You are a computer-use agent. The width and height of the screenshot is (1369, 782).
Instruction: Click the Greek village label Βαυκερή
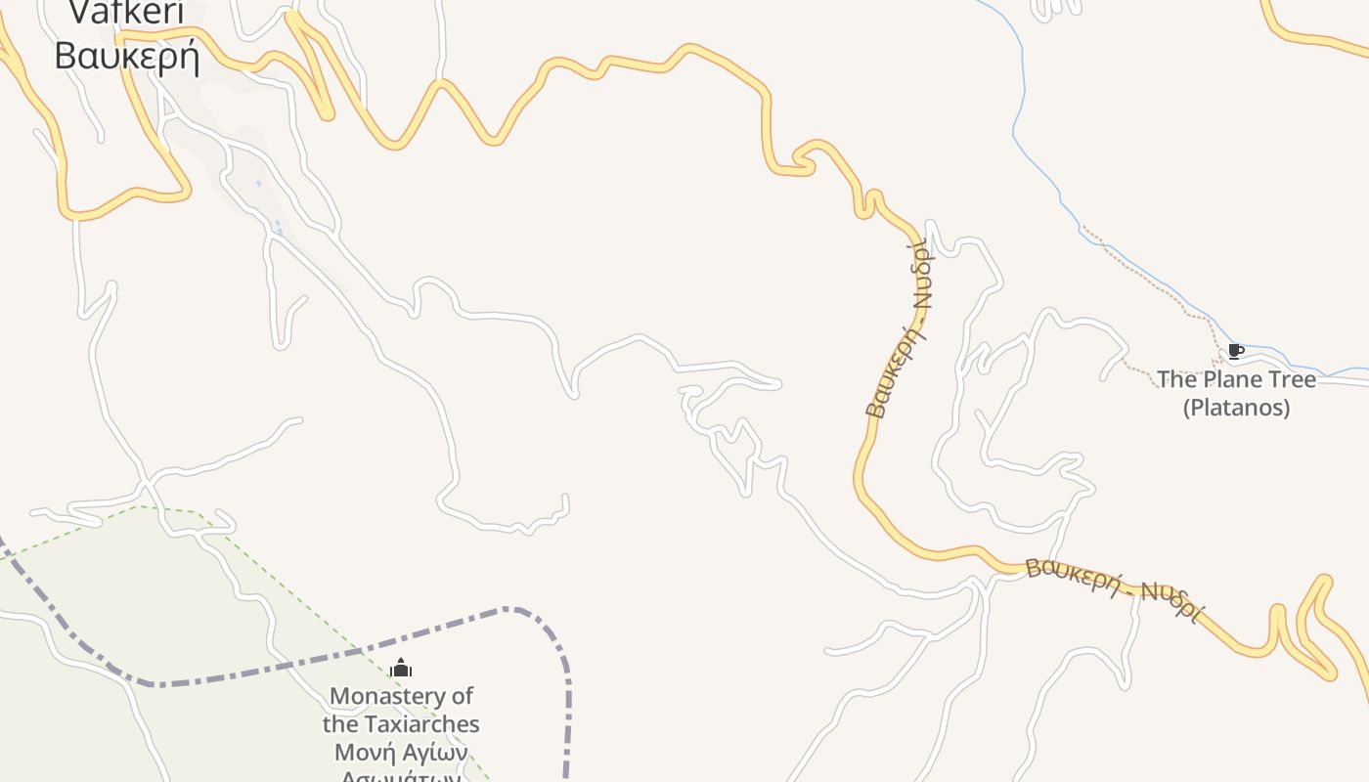127,55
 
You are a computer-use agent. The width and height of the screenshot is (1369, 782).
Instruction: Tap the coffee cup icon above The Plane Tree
1235,351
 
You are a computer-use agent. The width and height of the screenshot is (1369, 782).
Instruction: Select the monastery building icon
401,669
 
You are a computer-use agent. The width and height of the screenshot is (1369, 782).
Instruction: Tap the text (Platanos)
1236,407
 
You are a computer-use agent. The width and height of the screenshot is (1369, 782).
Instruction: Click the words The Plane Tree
1236,379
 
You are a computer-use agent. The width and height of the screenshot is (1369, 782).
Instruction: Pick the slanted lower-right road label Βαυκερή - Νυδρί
1113,588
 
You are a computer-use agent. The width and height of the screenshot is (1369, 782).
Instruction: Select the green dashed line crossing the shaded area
293,586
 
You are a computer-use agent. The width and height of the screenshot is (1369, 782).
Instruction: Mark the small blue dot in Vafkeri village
259,183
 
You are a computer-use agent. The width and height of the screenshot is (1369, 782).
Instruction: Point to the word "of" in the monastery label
461,696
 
